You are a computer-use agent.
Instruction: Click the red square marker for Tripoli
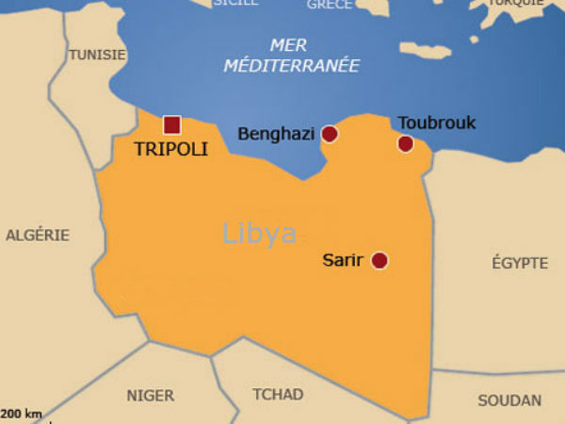coord(171,124)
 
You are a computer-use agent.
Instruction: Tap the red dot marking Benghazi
coord(330,134)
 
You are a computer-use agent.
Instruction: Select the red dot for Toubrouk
coord(406,143)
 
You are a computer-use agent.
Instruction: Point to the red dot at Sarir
coord(379,260)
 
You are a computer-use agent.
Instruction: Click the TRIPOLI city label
coord(170,149)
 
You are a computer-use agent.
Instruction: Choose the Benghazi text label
coord(276,134)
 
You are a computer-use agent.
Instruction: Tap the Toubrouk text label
coord(437,122)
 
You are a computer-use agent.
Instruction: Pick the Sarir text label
coord(343,260)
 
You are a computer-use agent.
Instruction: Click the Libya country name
coord(260,234)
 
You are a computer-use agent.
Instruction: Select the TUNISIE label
coord(96,55)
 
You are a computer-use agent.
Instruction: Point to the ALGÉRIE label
coord(38,235)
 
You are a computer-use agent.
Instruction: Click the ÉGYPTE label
coord(520,263)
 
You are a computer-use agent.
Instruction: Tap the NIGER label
coord(151,396)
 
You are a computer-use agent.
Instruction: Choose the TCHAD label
coord(278,394)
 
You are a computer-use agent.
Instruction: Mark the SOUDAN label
coord(509,400)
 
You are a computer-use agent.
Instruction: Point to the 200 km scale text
coord(22,414)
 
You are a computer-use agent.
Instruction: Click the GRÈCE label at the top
coord(330,4)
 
